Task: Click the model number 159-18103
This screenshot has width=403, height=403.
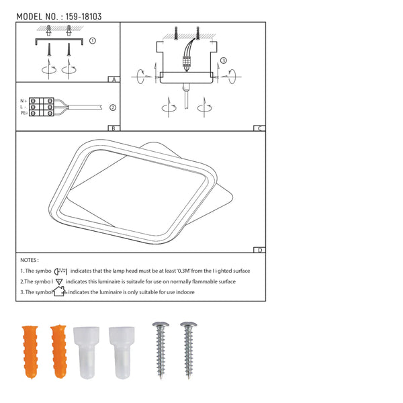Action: tap(83, 17)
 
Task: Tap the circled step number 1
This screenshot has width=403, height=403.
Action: tap(93, 40)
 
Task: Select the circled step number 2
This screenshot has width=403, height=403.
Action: tap(113, 107)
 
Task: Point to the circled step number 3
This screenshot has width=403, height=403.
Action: tap(224, 60)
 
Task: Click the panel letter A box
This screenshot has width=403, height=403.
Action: tap(114, 79)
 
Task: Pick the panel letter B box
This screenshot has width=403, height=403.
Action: tap(114, 128)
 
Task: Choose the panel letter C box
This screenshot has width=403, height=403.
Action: tap(259, 128)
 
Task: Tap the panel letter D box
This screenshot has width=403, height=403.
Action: tap(259, 250)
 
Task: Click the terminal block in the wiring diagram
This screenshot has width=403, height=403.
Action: tap(41, 107)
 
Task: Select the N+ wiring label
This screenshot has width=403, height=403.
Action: tap(24, 101)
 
